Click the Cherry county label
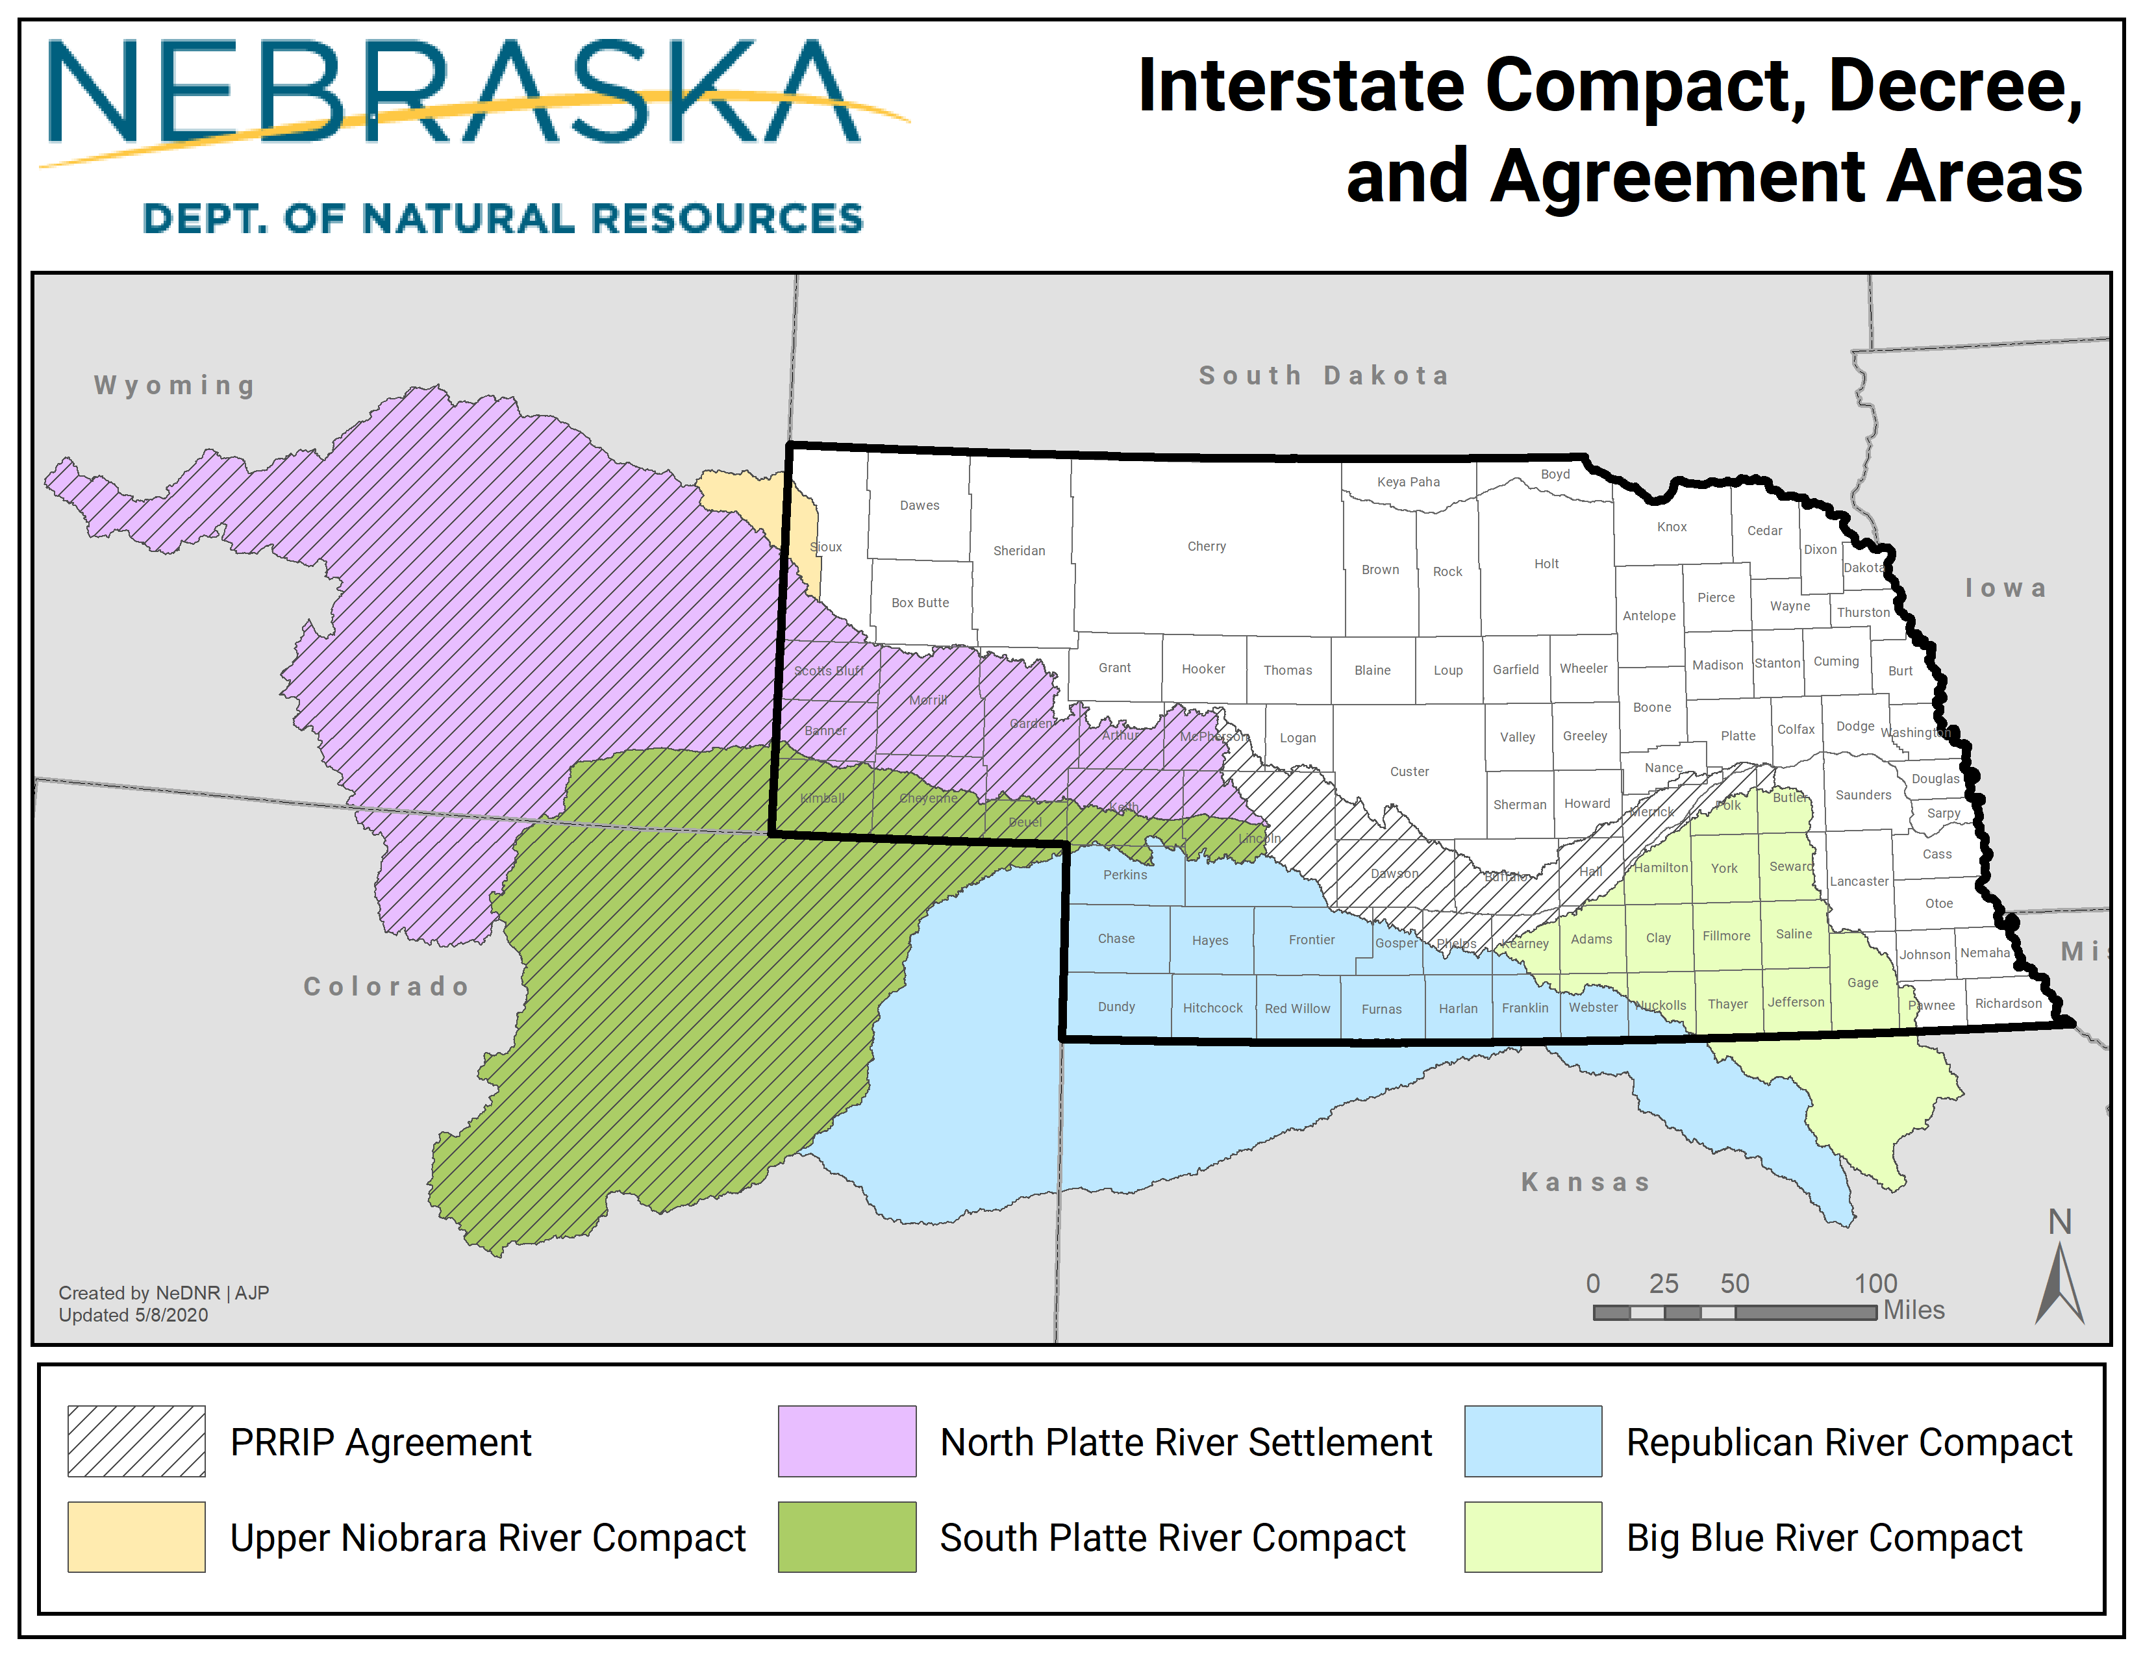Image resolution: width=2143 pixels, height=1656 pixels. (1206, 546)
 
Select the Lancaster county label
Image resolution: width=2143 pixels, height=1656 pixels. (1859, 881)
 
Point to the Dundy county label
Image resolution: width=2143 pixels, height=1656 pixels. (1116, 1007)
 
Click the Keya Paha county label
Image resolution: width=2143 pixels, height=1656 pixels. (1408, 482)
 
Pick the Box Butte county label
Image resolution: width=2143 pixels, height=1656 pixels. (920, 603)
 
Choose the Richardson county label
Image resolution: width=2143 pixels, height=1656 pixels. (2007, 1003)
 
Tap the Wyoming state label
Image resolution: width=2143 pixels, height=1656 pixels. (175, 386)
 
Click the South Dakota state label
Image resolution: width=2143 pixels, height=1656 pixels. (1323, 376)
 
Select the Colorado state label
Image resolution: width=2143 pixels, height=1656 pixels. (386, 986)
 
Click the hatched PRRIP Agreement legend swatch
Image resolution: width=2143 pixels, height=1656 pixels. (136, 1441)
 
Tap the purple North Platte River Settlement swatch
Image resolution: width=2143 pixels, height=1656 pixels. (847, 1441)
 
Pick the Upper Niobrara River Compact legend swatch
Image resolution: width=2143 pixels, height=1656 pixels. (136, 1537)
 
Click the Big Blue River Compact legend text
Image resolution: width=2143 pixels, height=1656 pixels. (1823, 1537)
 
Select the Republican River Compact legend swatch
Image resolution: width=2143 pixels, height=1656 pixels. (1533, 1441)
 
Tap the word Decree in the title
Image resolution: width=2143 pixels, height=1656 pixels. (1953, 86)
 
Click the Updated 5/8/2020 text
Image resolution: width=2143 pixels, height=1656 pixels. (133, 1314)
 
